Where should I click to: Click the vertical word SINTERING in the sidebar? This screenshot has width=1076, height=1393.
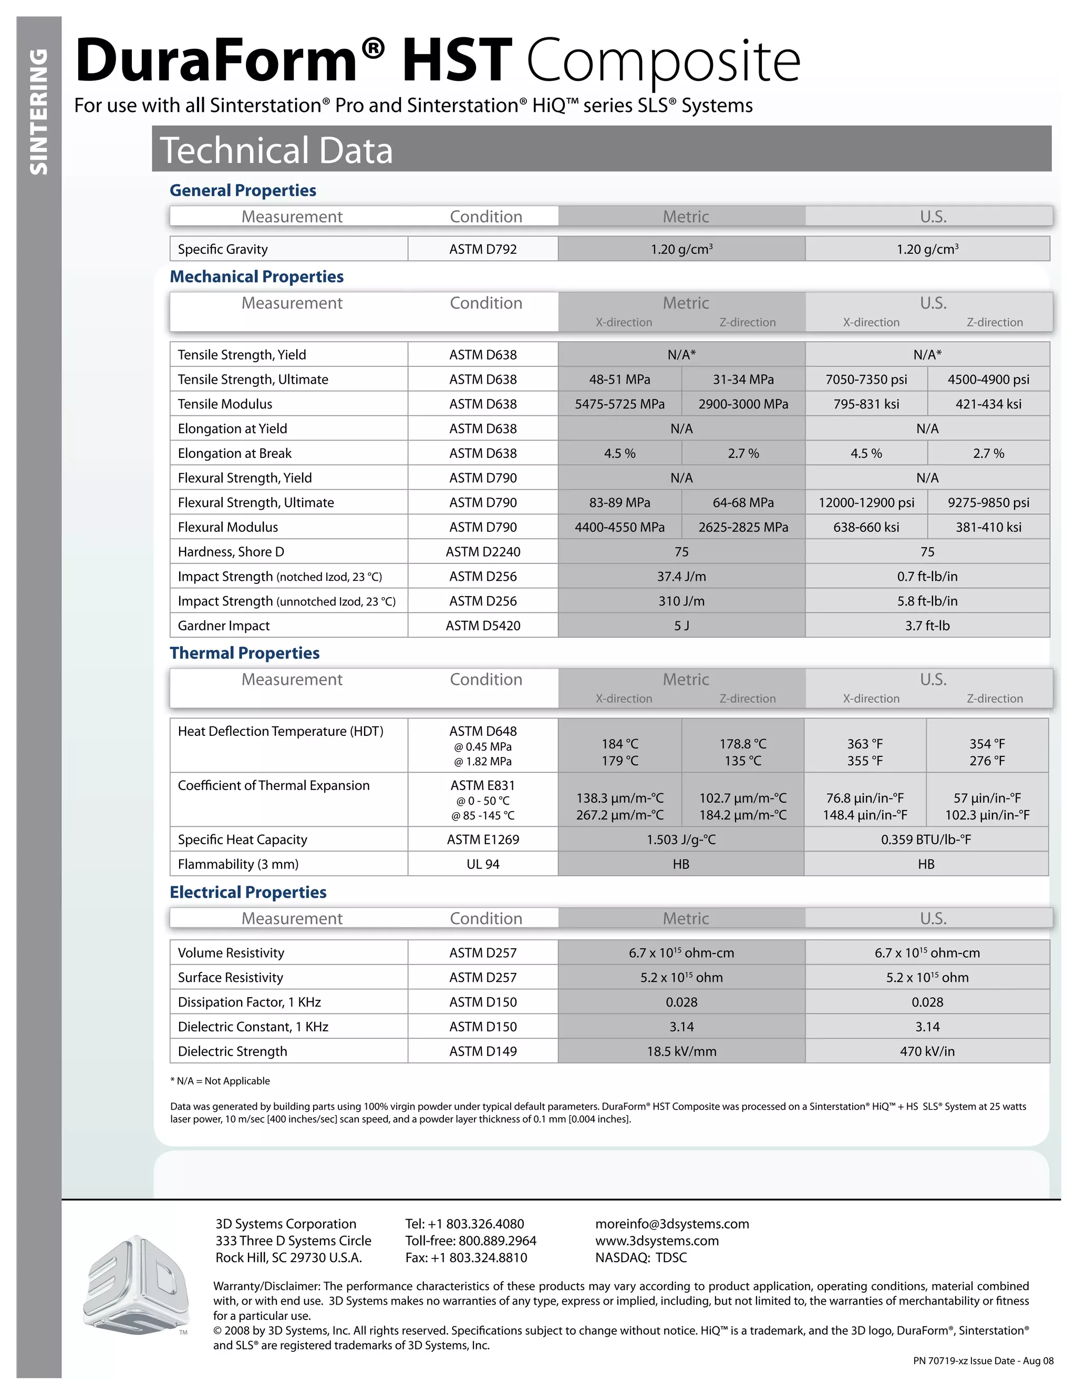click(39, 111)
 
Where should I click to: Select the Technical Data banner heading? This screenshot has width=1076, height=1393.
click(276, 150)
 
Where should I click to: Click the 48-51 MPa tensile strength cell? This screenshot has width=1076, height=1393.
click(619, 380)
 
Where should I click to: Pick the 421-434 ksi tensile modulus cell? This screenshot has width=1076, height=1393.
click(988, 404)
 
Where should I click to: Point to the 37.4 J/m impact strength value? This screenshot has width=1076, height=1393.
click(681, 577)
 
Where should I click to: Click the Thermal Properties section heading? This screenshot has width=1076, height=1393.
click(245, 653)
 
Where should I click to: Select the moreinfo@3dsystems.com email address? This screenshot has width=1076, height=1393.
click(672, 1224)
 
